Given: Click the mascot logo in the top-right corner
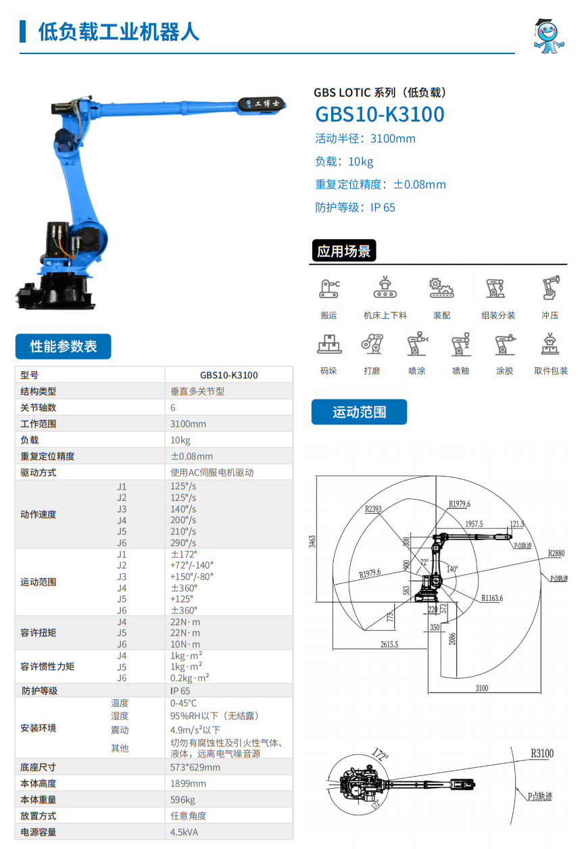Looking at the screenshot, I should pyautogui.click(x=549, y=35).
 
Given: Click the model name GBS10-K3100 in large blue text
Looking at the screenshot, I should pyautogui.click(x=380, y=114).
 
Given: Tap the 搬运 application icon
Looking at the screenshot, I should pyautogui.click(x=329, y=289).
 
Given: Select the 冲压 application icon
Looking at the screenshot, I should pyautogui.click(x=550, y=289).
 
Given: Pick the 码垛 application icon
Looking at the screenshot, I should pyautogui.click(x=329, y=345).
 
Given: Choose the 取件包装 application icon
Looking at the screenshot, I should pyautogui.click(x=550, y=345).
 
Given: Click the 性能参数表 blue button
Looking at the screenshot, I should pyautogui.click(x=64, y=347).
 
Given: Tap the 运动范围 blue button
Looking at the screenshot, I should pyautogui.click(x=359, y=412).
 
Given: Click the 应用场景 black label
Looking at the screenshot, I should pyautogui.click(x=344, y=251).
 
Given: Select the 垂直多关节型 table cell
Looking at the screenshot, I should pyautogui.click(x=197, y=391).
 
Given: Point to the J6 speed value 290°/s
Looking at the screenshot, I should pyautogui.click(x=183, y=543).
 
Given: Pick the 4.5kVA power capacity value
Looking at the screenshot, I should pyautogui.click(x=185, y=832).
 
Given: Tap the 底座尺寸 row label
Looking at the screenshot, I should pyautogui.click(x=39, y=767).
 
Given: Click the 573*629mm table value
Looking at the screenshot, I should pyautogui.click(x=195, y=767).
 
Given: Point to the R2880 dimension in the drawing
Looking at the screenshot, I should pyautogui.click(x=556, y=553).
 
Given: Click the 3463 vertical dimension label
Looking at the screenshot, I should pyautogui.click(x=312, y=541).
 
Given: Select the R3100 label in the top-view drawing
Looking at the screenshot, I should pyautogui.click(x=541, y=753).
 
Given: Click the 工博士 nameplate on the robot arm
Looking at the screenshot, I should pyautogui.click(x=263, y=103).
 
